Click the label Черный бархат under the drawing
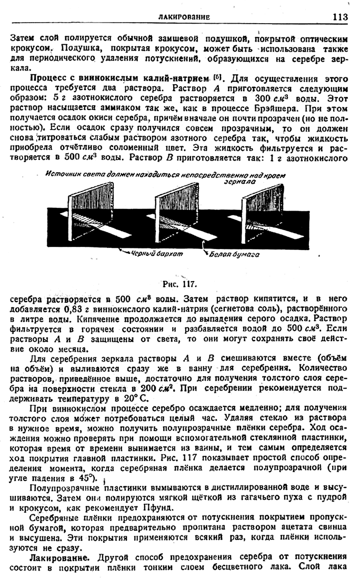click(x=157, y=254)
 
